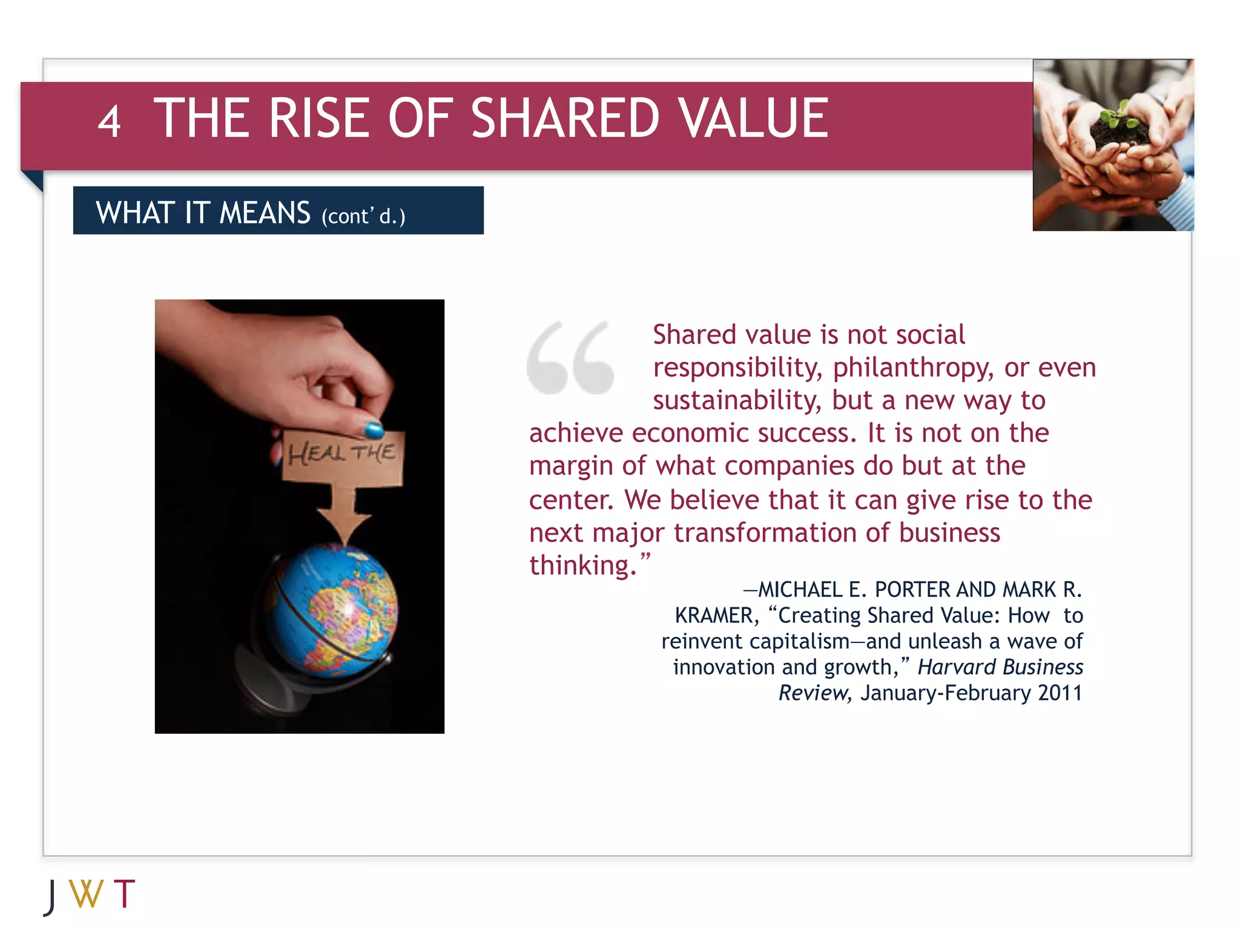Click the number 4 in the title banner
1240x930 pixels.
coord(109,122)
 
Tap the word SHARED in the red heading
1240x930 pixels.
coord(564,118)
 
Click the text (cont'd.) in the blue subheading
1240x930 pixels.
coord(363,216)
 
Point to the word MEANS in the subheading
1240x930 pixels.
coord(265,213)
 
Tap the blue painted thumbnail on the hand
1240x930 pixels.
coord(374,430)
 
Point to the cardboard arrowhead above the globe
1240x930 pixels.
coord(344,524)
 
